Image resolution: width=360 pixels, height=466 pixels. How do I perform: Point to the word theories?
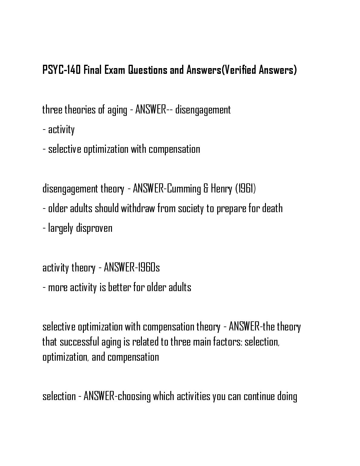80,110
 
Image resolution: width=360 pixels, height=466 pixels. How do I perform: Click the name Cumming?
184,189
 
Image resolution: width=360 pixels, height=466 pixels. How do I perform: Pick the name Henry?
221,189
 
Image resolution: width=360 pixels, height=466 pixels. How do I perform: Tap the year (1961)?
245,189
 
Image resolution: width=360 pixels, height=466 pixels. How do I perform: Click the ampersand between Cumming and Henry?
206,189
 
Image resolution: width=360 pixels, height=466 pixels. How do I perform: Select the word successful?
80,342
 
